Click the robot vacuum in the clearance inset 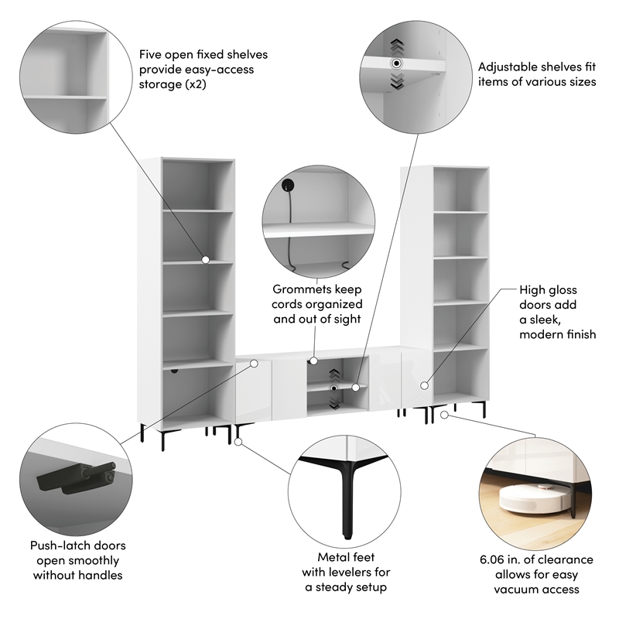(x=535, y=498)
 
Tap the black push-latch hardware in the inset (x=76, y=477)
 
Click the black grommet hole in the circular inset (x=288, y=185)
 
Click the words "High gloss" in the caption (x=548, y=290)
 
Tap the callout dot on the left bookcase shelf (x=205, y=260)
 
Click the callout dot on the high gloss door (x=424, y=385)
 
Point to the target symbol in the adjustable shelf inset (x=397, y=63)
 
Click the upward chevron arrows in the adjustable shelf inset (x=397, y=46)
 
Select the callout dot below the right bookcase (x=444, y=415)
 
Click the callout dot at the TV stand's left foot (x=238, y=442)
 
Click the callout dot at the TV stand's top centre (x=313, y=361)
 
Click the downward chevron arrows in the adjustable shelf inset (x=397, y=80)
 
